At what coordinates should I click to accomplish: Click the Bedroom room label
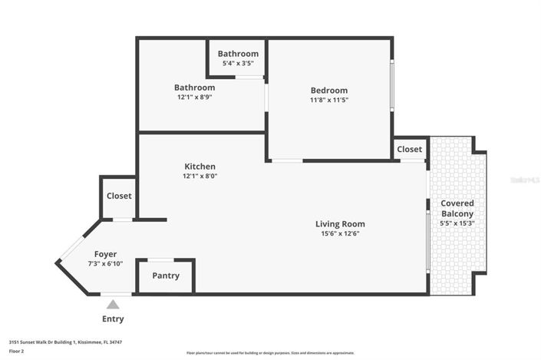(328, 90)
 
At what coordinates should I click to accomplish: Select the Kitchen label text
(200, 167)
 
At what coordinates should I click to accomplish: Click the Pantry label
(166, 276)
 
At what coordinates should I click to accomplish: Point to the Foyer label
(105, 254)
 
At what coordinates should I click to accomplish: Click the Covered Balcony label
(457, 208)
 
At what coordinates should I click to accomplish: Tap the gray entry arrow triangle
(113, 305)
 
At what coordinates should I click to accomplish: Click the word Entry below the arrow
(113, 319)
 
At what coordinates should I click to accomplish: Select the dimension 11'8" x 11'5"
(328, 100)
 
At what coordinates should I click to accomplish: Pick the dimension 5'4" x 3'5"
(238, 63)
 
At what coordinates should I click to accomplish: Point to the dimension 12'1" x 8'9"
(194, 97)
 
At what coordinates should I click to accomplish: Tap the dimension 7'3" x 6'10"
(105, 263)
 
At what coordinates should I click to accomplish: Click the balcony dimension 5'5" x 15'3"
(457, 223)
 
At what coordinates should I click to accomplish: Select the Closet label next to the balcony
(409, 149)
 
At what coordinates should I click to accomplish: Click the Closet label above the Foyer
(119, 196)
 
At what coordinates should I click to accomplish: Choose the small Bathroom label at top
(238, 54)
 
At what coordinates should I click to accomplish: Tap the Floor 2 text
(17, 351)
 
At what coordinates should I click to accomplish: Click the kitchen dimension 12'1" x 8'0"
(200, 176)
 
